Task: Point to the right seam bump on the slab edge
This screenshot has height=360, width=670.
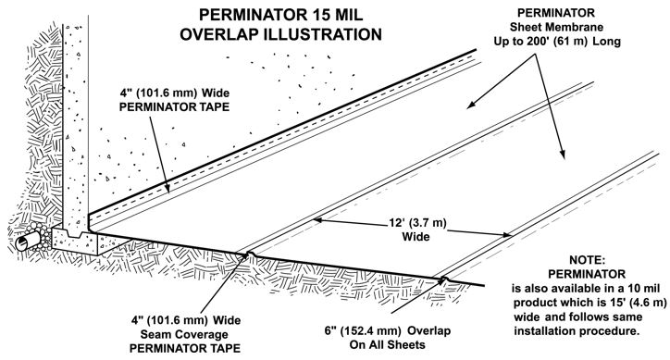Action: [x=444, y=279]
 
